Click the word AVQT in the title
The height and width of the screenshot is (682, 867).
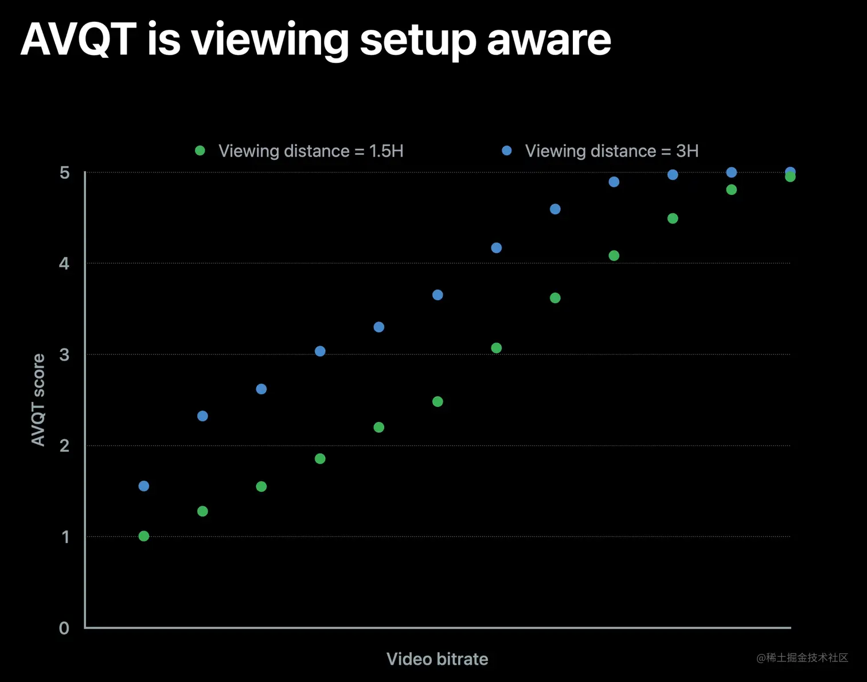tap(79, 40)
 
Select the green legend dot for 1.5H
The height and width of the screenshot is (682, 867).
tap(200, 151)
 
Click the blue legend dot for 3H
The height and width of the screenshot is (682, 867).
tap(507, 151)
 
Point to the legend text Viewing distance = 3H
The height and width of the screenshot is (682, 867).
tap(611, 151)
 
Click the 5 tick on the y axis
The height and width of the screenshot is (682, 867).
tap(64, 173)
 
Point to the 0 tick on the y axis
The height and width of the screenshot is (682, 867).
tap(64, 628)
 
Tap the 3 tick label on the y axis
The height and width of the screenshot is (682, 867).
tap(64, 355)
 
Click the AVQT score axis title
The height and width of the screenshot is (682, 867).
tap(38, 399)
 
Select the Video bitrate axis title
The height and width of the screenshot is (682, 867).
tap(437, 659)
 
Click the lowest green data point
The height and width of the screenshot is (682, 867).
tap(144, 536)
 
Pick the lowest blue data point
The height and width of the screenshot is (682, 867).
tap(144, 486)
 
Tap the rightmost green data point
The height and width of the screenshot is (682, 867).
tap(790, 177)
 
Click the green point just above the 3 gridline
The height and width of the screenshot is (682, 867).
tap(497, 348)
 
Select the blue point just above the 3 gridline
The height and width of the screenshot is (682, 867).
tap(320, 351)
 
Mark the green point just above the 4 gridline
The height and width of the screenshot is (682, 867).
tap(614, 256)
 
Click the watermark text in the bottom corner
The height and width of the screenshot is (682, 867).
tap(802, 658)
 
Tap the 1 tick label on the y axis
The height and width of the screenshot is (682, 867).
tap(65, 537)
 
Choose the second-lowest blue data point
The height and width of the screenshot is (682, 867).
tap(202, 416)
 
